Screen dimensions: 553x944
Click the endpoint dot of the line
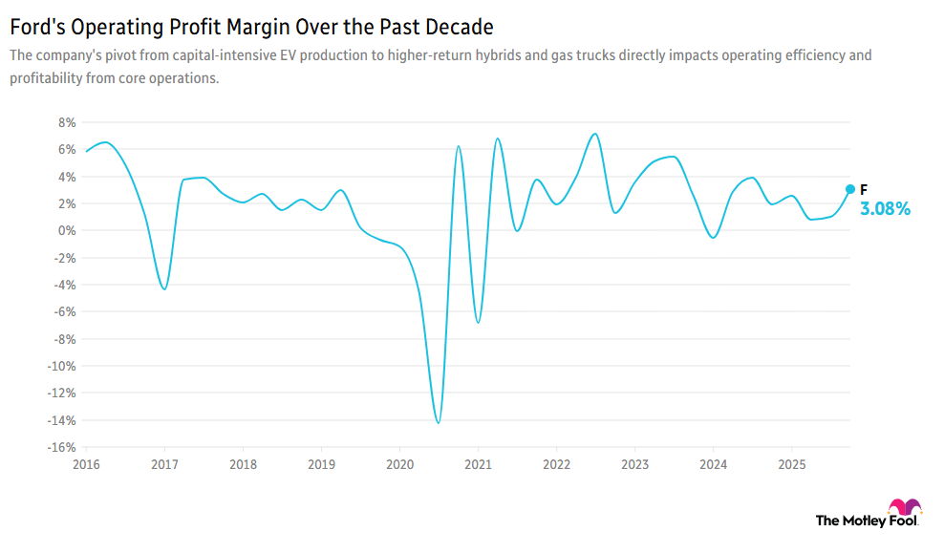pos(849,189)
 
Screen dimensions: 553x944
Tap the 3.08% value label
pos(885,208)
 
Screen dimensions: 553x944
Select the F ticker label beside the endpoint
pos(864,189)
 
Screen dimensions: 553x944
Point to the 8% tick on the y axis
pos(66,122)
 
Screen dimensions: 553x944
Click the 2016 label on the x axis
pos(86,464)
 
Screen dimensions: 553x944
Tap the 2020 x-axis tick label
pos(399,464)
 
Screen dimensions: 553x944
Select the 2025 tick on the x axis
pos(790,464)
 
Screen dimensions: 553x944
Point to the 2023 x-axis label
pos(634,464)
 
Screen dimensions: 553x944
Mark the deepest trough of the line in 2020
pos(438,422)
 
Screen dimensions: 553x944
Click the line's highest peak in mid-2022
pos(594,134)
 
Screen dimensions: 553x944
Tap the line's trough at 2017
pos(164,288)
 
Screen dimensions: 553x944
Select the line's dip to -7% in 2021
pos(478,322)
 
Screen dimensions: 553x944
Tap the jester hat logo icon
pos(905,507)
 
